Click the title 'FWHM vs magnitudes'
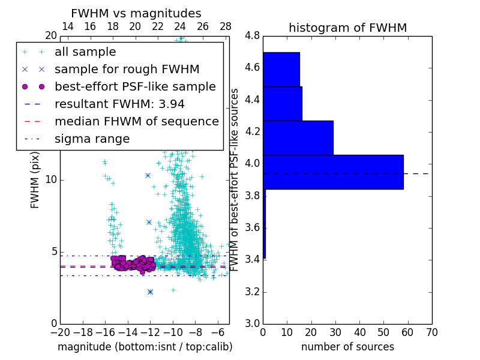pyautogui.click(x=136, y=14)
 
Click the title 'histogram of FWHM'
pyautogui.click(x=347, y=28)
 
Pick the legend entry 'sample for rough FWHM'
pyautogui.click(x=127, y=70)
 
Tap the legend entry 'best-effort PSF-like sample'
pyautogui.click(x=135, y=87)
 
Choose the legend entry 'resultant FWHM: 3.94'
pyautogui.click(x=119, y=104)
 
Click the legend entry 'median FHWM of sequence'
pyautogui.click(x=136, y=122)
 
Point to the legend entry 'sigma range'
pyautogui.click(x=92, y=139)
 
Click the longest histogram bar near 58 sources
pyautogui.click(x=333, y=172)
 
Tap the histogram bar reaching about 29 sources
pyautogui.click(x=298, y=138)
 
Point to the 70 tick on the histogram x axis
pyautogui.click(x=431, y=332)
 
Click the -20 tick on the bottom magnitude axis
pyautogui.click(x=60, y=332)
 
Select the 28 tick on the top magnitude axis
pyautogui.click(x=226, y=27)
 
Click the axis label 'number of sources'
pyautogui.click(x=347, y=347)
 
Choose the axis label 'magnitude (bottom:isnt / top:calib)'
pyautogui.click(x=145, y=347)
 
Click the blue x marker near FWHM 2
pyautogui.click(x=150, y=292)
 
